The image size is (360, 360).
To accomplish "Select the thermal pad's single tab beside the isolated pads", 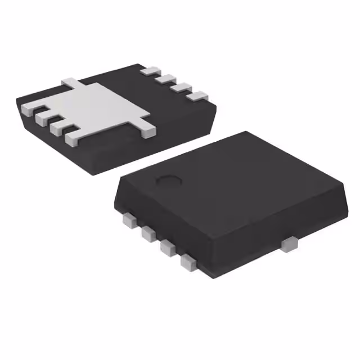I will [147, 130].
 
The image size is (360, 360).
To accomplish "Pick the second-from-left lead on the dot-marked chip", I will [149, 233].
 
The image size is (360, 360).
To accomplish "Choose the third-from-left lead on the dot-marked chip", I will [168, 247].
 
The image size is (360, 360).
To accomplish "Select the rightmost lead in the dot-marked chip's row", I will [188, 261].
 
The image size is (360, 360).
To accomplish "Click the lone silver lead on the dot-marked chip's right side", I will [289, 244].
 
